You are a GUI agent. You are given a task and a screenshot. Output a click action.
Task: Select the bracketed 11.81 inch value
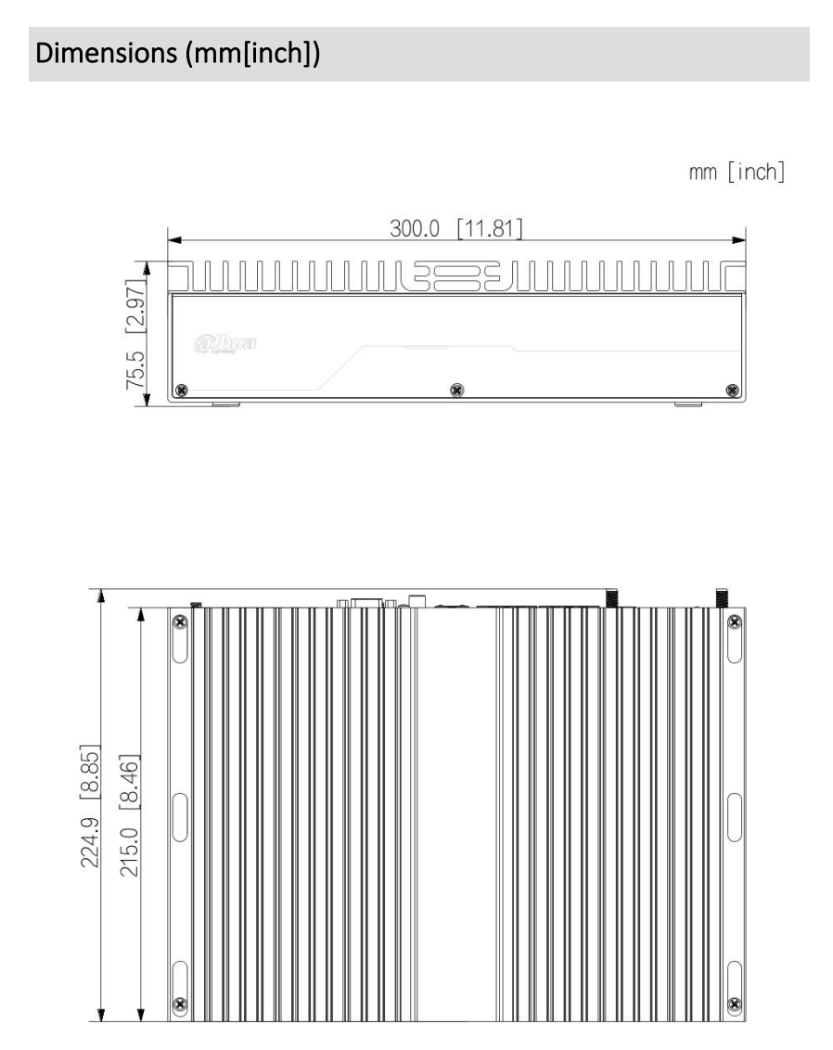pos(489,228)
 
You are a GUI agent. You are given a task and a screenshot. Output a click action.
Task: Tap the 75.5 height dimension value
pos(135,377)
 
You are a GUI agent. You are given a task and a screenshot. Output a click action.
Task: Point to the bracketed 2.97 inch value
pos(135,307)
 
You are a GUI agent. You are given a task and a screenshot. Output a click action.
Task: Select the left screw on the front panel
pos(182,389)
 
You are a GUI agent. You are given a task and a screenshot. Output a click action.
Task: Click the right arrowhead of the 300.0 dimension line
pos(739,239)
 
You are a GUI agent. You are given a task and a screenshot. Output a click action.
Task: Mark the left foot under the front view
pos(225,404)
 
